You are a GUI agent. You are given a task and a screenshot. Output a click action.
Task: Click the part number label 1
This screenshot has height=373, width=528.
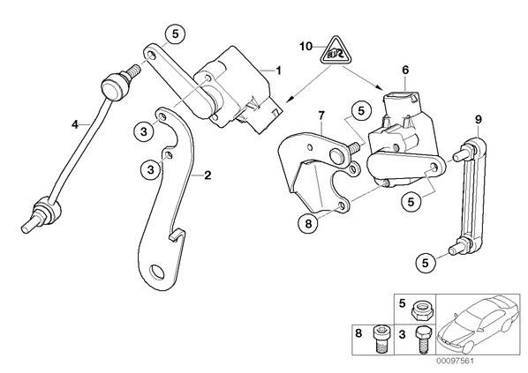pos(278,71)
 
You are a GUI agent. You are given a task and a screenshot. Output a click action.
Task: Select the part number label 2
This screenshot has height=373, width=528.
pos(207,175)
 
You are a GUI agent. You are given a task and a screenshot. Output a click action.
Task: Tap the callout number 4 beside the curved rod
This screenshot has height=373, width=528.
pos(75,124)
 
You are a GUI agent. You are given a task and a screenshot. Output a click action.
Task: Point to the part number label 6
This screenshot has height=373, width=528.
pos(405,70)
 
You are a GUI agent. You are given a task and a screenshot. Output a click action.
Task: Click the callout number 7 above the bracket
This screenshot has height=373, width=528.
pos(321,116)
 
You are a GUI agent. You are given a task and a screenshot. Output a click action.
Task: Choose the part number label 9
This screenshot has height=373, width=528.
pos(479,119)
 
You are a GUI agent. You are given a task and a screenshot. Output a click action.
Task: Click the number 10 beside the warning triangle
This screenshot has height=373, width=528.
pos(306,47)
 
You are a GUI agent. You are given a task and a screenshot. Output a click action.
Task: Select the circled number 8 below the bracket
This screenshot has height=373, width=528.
pos(309,223)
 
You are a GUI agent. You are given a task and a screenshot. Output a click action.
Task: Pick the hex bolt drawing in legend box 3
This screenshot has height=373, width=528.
pos(422,340)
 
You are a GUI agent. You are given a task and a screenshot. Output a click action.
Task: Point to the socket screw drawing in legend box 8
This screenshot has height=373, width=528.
pos(380,339)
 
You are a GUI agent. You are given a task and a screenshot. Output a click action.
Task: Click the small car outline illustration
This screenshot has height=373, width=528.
pos(478,323)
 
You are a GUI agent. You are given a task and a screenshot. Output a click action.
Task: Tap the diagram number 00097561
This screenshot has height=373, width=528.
pos(455,362)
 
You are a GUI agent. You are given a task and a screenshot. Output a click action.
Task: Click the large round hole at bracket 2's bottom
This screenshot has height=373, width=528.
pos(157,272)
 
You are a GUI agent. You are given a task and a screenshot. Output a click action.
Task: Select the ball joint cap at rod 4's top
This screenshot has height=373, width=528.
pos(110,88)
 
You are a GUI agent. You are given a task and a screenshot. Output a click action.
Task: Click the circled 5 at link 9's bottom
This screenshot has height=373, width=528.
pos(426,263)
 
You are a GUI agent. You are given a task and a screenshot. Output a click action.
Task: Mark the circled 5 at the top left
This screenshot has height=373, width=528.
pos(175,34)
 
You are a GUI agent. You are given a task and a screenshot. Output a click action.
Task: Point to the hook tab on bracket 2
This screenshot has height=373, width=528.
pos(177,235)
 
